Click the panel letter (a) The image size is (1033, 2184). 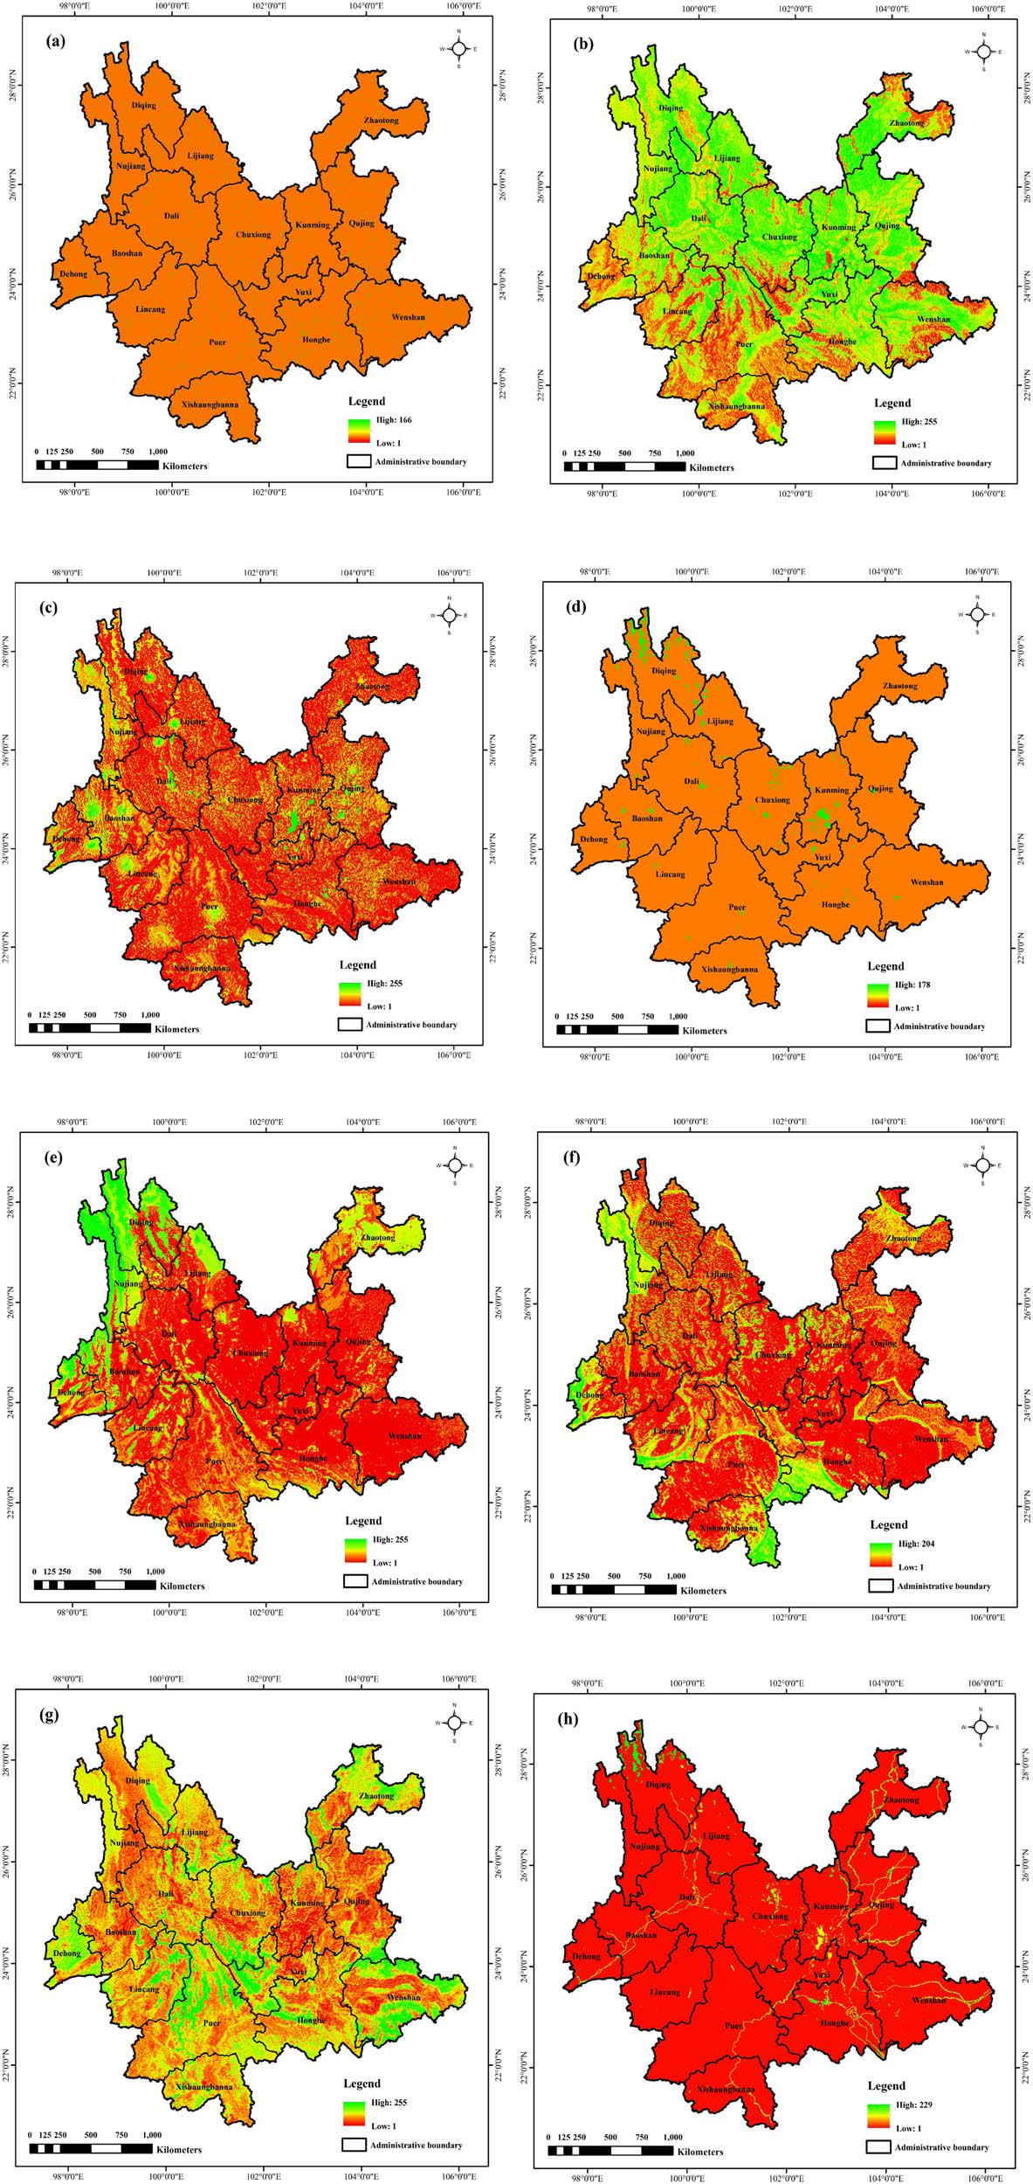click(58, 40)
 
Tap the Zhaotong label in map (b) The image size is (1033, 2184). click(906, 123)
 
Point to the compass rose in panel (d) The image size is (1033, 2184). click(976, 615)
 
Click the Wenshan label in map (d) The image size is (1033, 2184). click(926, 882)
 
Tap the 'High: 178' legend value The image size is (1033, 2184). click(912, 985)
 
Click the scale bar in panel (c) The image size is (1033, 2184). click(89, 1027)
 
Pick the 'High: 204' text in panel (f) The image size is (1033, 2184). click(916, 1544)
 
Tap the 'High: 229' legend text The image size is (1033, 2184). click(913, 2105)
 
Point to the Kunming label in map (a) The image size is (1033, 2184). click(312, 225)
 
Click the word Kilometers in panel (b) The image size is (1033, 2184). click(711, 467)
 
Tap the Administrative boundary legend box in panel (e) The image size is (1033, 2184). click(355, 1581)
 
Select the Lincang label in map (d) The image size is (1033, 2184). click(670, 874)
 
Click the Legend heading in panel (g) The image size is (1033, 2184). click(362, 2084)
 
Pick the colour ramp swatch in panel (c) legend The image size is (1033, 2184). click(349, 994)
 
